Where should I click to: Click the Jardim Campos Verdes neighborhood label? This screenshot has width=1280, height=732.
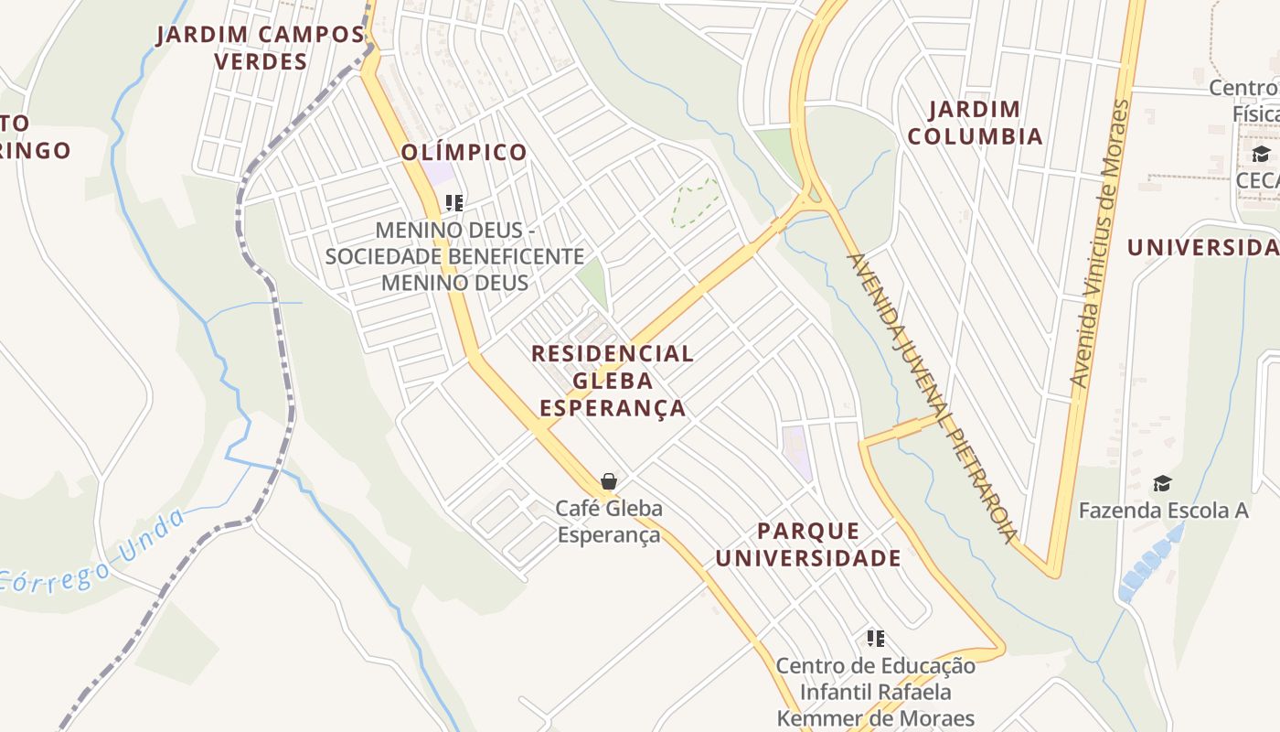pyautogui.click(x=261, y=48)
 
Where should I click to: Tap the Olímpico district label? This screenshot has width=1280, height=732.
pyautogui.click(x=464, y=152)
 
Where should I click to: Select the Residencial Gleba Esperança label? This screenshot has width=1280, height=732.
pyautogui.click(x=613, y=380)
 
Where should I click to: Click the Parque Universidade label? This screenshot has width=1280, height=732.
pyautogui.click(x=808, y=544)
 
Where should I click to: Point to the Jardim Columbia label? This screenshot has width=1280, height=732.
pyautogui.click(x=986, y=123)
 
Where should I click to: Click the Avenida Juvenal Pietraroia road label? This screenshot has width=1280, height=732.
pyautogui.click(x=933, y=397)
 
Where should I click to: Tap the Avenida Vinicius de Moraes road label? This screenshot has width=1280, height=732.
pyautogui.click(x=1100, y=242)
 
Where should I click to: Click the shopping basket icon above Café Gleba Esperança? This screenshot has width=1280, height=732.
pyautogui.click(x=608, y=480)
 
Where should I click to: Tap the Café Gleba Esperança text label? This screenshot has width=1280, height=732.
pyautogui.click(x=609, y=521)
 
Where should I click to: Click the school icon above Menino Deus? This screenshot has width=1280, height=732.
pyautogui.click(x=454, y=202)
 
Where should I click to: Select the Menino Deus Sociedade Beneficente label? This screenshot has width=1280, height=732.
pyautogui.click(x=454, y=255)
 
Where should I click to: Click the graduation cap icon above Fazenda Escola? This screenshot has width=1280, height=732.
pyautogui.click(x=1161, y=483)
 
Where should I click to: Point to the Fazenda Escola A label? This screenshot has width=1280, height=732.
pyautogui.click(x=1163, y=511)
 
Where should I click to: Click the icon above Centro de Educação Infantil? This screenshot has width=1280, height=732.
pyautogui.click(x=876, y=638)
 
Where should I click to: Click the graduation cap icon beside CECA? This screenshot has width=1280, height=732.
pyautogui.click(x=1261, y=154)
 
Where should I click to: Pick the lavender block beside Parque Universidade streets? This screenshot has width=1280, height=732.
pyautogui.click(x=796, y=451)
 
